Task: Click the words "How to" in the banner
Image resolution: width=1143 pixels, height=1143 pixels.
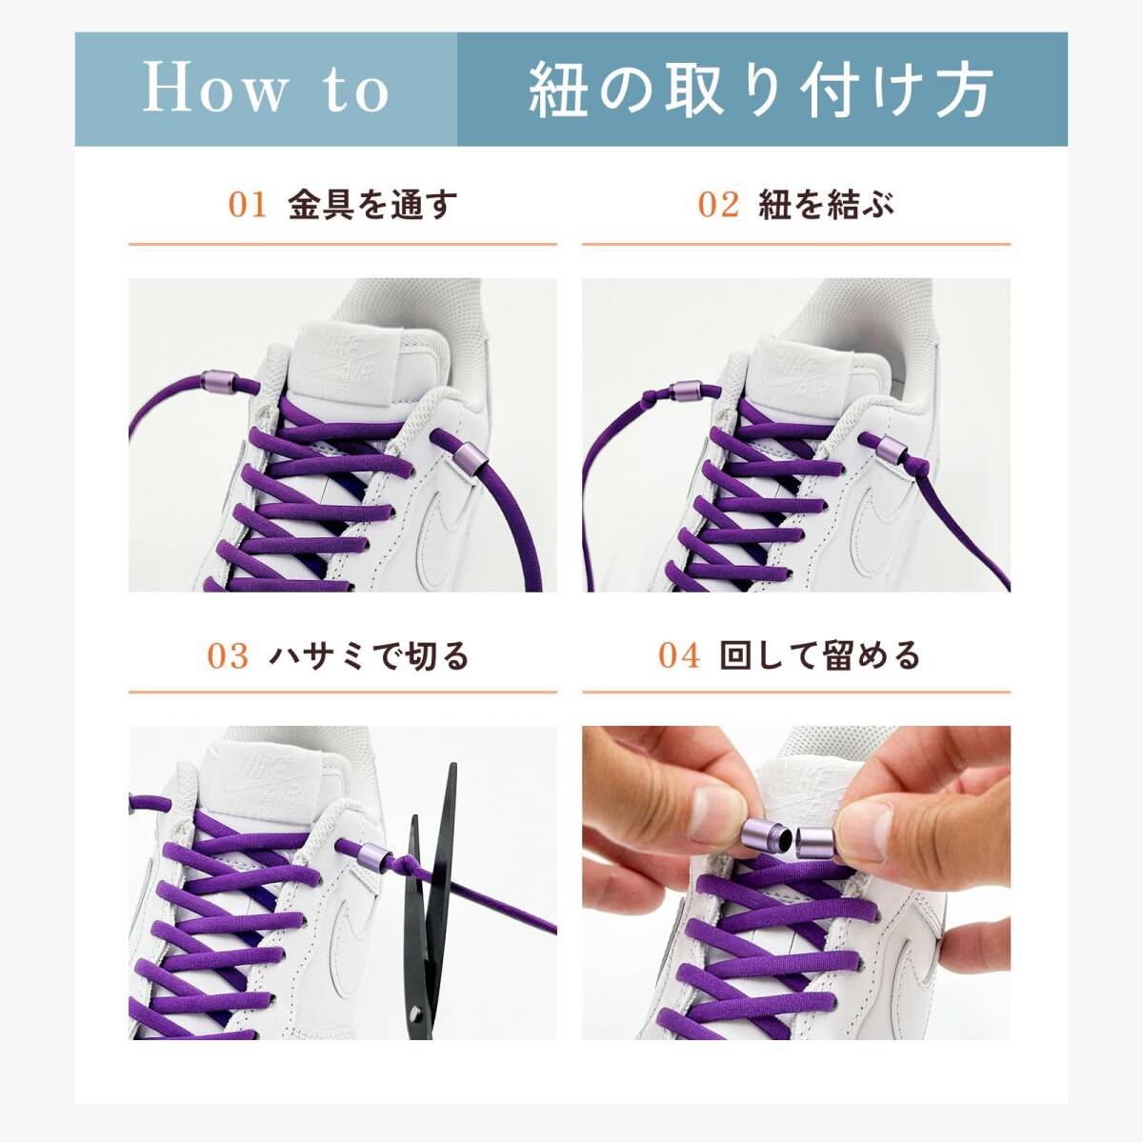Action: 267,90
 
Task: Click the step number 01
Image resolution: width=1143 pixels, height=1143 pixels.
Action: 247,205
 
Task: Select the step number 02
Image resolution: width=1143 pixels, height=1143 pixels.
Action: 718,205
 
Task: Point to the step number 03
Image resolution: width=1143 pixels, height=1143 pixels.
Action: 228,656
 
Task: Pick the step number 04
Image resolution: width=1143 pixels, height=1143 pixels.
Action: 680,656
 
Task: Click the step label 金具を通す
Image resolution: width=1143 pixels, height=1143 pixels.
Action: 372,205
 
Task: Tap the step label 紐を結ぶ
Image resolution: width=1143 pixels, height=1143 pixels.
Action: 826,205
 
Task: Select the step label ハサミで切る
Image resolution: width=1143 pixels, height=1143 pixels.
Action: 369,656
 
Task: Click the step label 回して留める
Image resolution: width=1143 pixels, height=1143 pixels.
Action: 819,656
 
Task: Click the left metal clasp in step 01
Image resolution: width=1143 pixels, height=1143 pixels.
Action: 219,381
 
